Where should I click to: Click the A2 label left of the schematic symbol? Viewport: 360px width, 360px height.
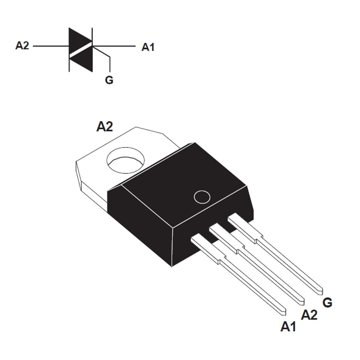(22, 46)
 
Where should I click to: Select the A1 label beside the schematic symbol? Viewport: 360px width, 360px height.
(148, 47)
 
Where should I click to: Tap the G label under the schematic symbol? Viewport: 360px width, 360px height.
(109, 80)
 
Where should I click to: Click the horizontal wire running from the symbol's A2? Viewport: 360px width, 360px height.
(50, 46)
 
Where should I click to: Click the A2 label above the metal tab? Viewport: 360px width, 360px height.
(104, 126)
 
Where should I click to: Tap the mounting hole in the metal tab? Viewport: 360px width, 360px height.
(126, 159)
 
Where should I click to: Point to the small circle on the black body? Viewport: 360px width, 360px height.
(202, 197)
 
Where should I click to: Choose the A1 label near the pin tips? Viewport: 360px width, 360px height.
(288, 327)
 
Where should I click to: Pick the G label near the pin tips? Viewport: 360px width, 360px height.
(327, 303)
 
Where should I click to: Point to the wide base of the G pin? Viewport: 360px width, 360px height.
(242, 226)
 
